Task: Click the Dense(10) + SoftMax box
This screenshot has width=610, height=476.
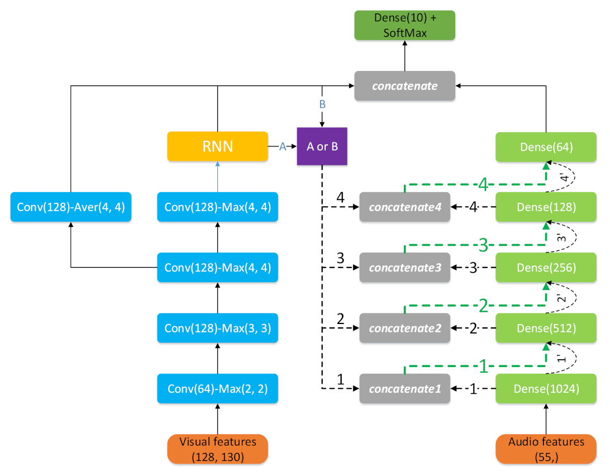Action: click(x=405, y=26)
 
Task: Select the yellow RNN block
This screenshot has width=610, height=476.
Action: click(x=217, y=146)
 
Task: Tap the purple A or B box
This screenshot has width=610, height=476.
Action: click(x=321, y=146)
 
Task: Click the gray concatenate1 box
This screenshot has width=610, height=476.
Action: click(x=404, y=388)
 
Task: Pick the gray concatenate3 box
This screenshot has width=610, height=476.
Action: click(x=404, y=268)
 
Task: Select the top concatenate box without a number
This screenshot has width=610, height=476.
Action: click(x=404, y=86)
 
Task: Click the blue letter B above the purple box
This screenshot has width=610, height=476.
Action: click(x=322, y=104)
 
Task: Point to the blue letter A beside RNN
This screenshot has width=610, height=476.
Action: click(x=282, y=146)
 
